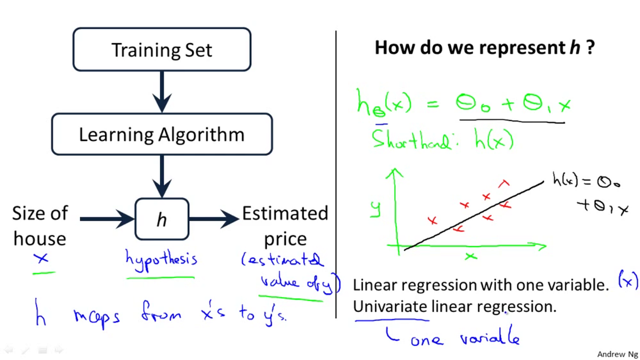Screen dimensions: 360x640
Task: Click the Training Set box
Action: (x=162, y=50)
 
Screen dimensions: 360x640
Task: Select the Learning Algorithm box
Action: (x=162, y=134)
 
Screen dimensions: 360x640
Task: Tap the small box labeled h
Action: (x=162, y=219)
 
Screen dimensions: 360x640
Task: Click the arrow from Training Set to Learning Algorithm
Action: (x=162, y=91)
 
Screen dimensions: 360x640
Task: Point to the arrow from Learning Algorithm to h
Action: (x=162, y=176)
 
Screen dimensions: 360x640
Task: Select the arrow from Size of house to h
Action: (x=107, y=218)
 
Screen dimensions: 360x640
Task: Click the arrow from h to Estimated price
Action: (x=213, y=218)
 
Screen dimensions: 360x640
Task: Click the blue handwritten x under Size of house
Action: (x=42, y=258)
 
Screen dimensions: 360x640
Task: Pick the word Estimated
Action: (x=285, y=213)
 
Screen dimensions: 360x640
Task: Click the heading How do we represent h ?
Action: (x=484, y=48)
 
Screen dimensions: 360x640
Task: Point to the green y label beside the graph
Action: (x=376, y=209)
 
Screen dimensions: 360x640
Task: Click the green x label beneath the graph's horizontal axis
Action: (x=470, y=257)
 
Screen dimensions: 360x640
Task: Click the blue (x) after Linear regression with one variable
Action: (x=628, y=281)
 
